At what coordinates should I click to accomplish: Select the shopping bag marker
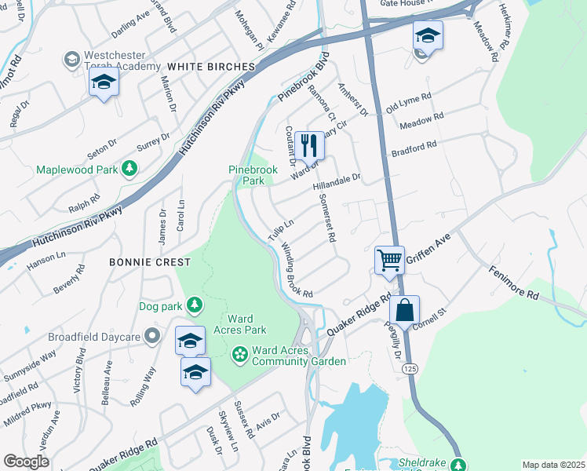coord(404,309)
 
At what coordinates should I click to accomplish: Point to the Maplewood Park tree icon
coord(130,169)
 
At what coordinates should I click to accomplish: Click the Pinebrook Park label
coord(246,174)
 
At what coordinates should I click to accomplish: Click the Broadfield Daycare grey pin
coord(152,337)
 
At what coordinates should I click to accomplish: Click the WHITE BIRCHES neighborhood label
coord(211,67)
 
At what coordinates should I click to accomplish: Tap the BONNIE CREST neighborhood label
coord(150,261)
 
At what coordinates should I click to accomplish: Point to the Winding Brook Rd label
coord(297,269)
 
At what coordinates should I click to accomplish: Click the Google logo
coord(27,462)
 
